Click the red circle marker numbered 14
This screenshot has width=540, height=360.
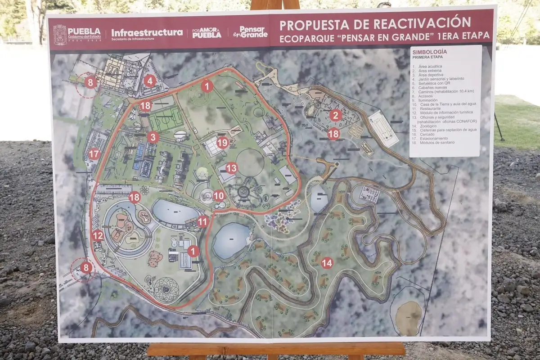click(327, 263)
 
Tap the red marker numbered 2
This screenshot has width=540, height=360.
click(334, 115)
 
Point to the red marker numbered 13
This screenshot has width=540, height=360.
click(231, 168)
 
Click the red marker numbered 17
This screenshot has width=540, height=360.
click(94, 154)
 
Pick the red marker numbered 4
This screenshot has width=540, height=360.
click(150, 81)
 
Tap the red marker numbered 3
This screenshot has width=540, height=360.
click(153, 137)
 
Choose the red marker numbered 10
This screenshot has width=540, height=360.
click(219, 196)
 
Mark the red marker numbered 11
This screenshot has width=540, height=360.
click(203, 221)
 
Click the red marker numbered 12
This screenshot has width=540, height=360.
click(98, 235)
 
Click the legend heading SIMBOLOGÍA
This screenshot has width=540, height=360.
click(430, 52)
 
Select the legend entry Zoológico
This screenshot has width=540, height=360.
click(427, 126)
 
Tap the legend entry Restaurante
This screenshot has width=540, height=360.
click(430, 108)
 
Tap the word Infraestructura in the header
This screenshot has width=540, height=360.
click(147, 32)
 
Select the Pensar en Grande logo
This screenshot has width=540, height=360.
click(250, 32)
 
